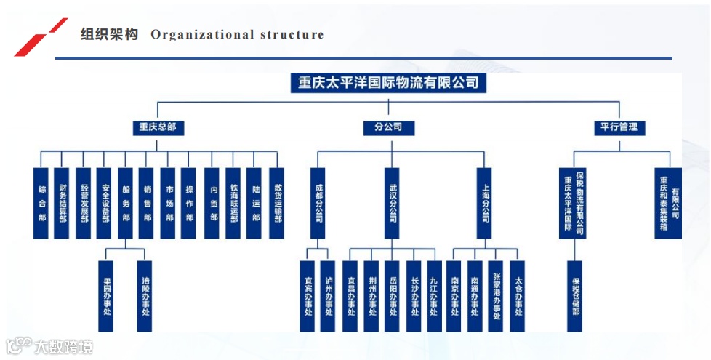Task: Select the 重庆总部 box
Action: coord(158,127)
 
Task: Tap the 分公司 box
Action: coord(388,127)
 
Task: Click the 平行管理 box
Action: coord(619,127)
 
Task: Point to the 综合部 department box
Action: coord(41,203)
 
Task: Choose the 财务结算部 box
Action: coord(62,203)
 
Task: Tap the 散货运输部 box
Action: coord(276,203)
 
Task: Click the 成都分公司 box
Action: coord(318,203)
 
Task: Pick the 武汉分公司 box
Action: coord(392,203)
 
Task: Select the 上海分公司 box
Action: coord(484,203)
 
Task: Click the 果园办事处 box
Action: coord(106,296)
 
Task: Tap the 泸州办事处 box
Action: coord(328,296)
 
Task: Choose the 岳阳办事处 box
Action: coord(392,296)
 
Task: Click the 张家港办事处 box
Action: coord(496,296)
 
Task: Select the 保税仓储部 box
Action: coord(574,296)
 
